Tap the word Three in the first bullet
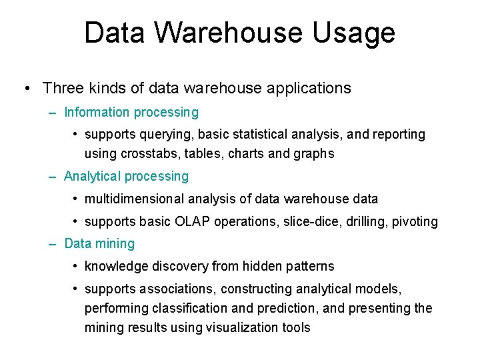click(63, 88)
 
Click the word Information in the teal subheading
click(97, 112)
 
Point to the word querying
click(163, 135)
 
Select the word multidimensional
click(133, 199)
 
